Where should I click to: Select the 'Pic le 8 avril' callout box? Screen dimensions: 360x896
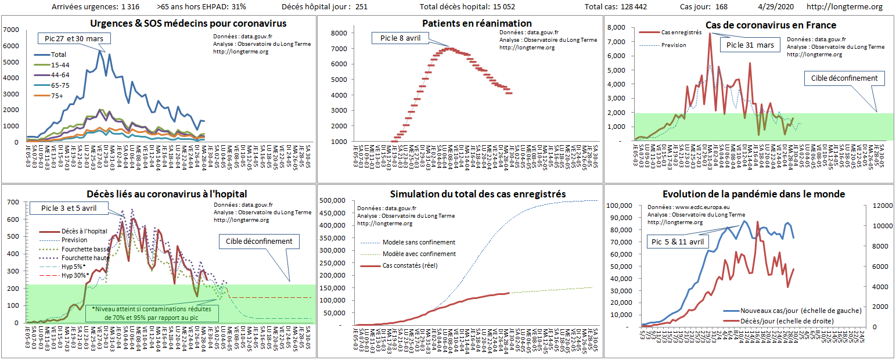(400, 38)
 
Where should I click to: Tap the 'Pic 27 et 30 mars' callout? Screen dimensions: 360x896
(74, 38)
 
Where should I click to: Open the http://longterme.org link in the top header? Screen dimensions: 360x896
(844, 7)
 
